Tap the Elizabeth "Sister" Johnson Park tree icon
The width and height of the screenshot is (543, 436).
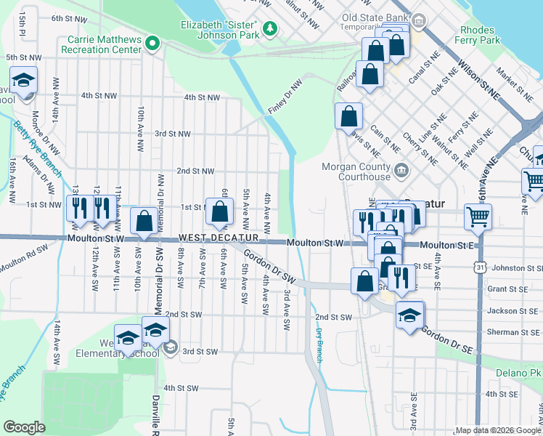[x=270, y=28]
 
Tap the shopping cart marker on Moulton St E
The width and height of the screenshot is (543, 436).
[x=478, y=216]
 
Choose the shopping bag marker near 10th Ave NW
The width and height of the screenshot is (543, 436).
[x=144, y=220]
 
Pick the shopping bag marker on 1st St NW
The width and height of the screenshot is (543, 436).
[x=220, y=211]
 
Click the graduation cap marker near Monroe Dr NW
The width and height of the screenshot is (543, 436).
[x=24, y=80]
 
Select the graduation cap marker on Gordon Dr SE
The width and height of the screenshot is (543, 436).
[x=410, y=314]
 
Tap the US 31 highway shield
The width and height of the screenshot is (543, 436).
[x=481, y=268]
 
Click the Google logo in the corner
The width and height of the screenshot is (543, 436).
[x=24, y=427]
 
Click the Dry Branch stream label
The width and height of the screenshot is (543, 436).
[x=318, y=345]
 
